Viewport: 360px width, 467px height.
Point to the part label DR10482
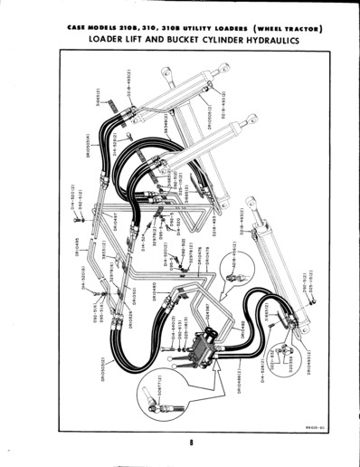242,331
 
